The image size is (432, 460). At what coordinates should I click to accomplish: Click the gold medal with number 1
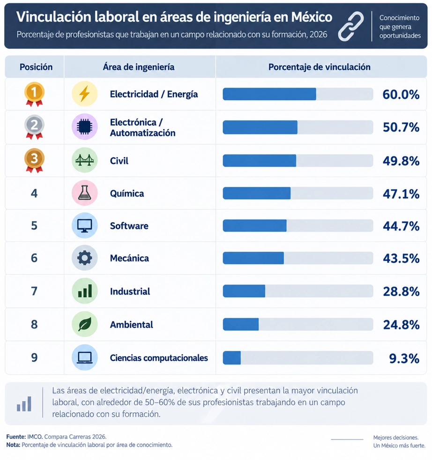(x=34, y=94)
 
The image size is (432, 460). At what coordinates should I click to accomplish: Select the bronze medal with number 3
(x=34, y=160)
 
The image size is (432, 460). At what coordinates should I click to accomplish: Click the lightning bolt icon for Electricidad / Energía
(x=84, y=94)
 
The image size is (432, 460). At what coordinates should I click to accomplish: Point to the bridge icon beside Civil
(x=84, y=160)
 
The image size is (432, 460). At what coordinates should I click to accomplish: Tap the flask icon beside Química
(x=84, y=193)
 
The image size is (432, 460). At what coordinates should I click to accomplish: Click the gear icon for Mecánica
(x=84, y=258)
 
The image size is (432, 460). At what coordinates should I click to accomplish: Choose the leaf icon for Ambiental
(x=84, y=324)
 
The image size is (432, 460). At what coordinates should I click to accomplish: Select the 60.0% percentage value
(x=401, y=95)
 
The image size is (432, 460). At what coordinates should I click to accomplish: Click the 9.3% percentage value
(x=404, y=358)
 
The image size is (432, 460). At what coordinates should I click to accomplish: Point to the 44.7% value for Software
(x=401, y=226)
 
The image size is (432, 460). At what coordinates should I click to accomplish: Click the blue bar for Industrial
(x=244, y=291)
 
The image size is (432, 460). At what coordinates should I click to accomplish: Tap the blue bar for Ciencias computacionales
(x=232, y=357)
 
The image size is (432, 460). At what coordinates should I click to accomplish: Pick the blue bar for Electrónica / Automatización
(x=260, y=127)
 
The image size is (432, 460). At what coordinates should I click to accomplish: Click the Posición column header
(x=36, y=67)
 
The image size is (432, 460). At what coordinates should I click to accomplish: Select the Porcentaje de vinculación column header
(x=319, y=67)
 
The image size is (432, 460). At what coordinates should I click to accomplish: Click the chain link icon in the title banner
(x=350, y=26)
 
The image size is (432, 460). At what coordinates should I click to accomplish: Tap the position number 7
(x=34, y=291)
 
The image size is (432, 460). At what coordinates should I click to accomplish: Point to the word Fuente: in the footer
(x=16, y=437)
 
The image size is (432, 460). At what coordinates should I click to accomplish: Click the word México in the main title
(x=312, y=17)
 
